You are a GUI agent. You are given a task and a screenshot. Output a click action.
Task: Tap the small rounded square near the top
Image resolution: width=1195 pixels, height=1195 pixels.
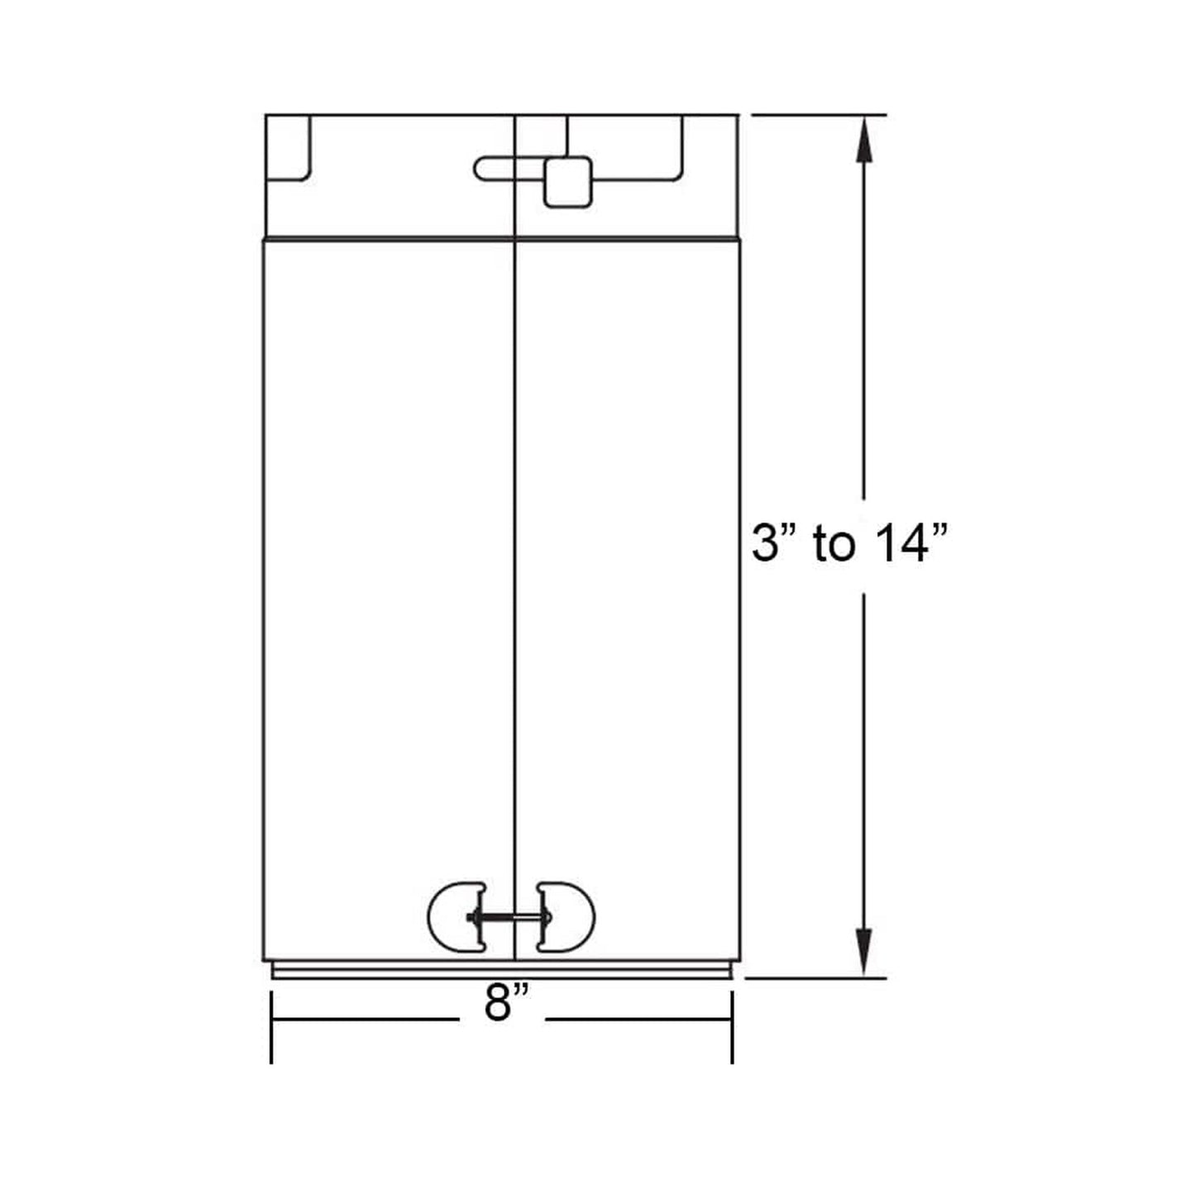pyautogui.click(x=567, y=182)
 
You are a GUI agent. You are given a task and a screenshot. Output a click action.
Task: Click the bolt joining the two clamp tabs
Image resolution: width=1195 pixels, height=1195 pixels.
pyautogui.click(x=511, y=917)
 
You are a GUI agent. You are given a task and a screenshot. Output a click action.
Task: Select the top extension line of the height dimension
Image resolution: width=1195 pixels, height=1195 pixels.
pyautogui.click(x=819, y=115)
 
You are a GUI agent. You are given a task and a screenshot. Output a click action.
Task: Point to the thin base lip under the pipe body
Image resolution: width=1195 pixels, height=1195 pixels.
pyautogui.click(x=502, y=972)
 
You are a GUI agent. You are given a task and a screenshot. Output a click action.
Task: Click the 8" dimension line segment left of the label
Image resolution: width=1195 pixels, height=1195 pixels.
pyautogui.click(x=364, y=1019)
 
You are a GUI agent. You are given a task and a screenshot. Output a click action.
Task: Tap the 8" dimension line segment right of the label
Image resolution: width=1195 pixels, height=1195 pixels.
pyautogui.click(x=637, y=1019)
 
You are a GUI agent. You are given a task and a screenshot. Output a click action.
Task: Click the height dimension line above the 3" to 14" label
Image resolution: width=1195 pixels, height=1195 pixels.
pyautogui.click(x=864, y=331)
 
